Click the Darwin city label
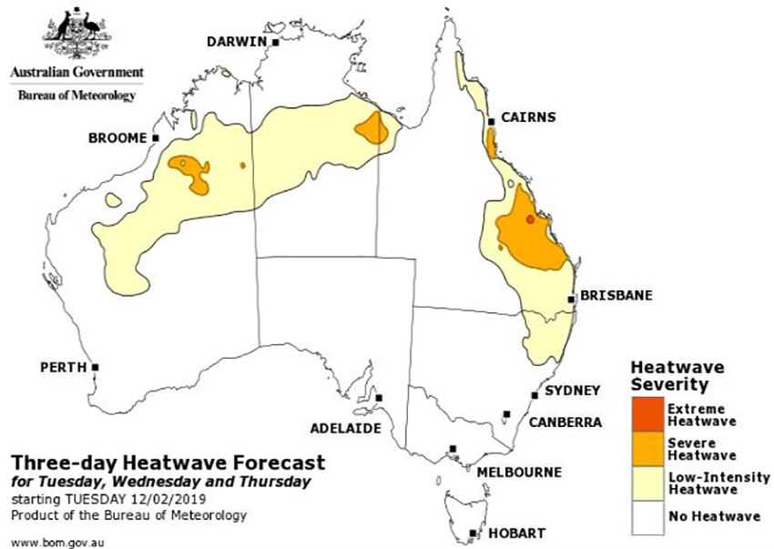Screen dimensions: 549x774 click(236, 42)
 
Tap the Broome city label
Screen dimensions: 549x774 click(117, 138)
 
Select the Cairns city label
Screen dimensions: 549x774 click(527, 117)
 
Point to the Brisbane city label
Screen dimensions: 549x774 click(616, 297)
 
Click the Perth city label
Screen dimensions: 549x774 click(62, 368)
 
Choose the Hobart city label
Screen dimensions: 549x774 click(515, 533)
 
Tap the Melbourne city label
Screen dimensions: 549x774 click(519, 472)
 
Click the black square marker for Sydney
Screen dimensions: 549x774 click(535, 396)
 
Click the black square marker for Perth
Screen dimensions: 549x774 click(95, 368)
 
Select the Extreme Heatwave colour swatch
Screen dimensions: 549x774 click(647, 415)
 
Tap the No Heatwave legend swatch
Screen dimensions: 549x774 click(647, 516)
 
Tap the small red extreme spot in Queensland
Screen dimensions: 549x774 click(530, 219)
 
